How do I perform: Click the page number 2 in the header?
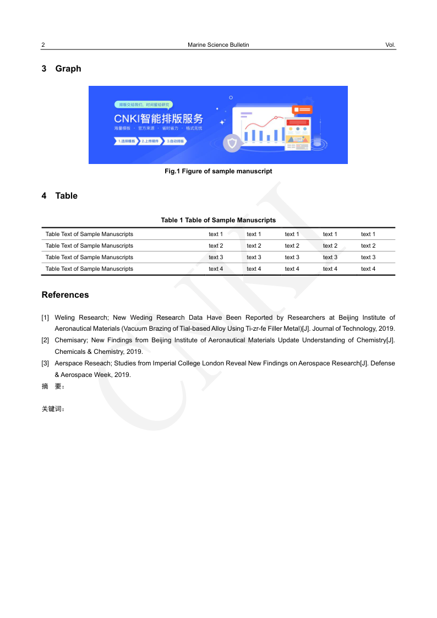(43, 45)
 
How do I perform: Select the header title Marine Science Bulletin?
(218, 45)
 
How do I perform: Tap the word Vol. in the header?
(390, 45)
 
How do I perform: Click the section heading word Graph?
(68, 69)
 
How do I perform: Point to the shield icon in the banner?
(232, 144)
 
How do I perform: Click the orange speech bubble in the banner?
(302, 110)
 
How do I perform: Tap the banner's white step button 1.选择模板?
(125, 141)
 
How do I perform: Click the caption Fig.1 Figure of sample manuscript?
(218, 171)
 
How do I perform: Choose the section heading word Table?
(67, 196)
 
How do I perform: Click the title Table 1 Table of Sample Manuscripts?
(218, 220)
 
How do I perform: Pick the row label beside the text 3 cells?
(89, 258)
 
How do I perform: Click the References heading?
(65, 295)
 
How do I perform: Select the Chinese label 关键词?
(53, 409)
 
